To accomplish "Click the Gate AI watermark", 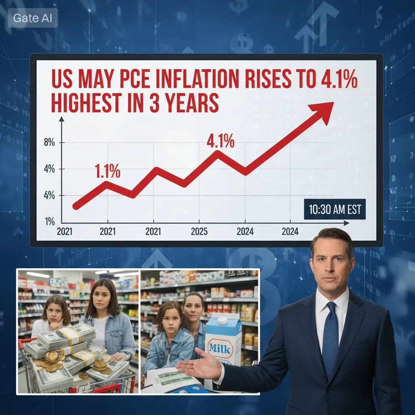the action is pyautogui.click(x=33, y=18).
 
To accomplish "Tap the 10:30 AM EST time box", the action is pyautogui.click(x=334, y=210).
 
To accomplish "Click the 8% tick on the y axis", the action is pyautogui.click(x=49, y=143).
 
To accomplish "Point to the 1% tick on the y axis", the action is pyautogui.click(x=50, y=221).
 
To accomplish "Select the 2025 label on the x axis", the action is pyautogui.click(x=199, y=231).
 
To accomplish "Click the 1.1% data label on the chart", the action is pyautogui.click(x=107, y=171).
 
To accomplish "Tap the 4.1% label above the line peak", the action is pyautogui.click(x=220, y=141).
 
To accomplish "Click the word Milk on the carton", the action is pyautogui.click(x=219, y=348).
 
